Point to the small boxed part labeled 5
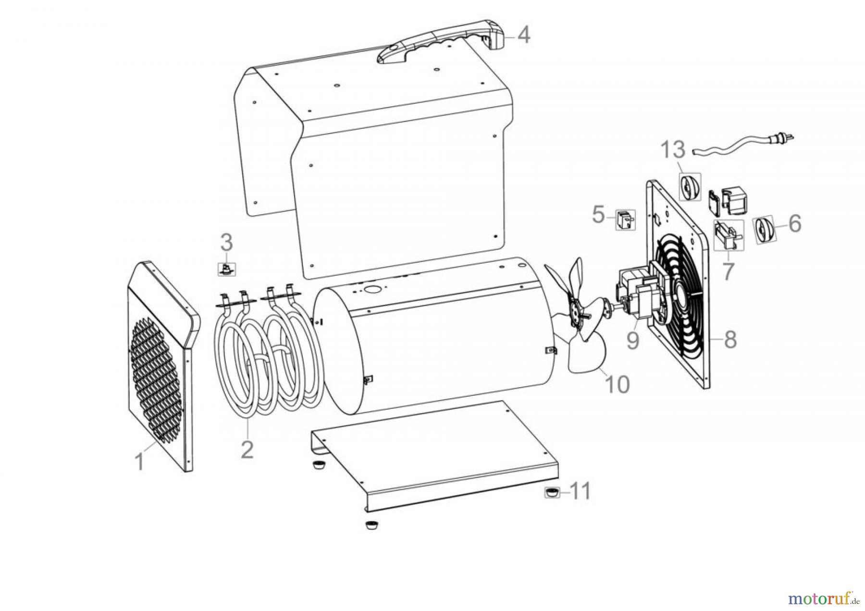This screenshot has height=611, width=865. coord(626,220)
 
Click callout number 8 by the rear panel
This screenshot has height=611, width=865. coord(729,340)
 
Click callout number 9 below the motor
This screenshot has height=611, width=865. coord(633,340)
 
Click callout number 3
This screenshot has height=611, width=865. coord(226,243)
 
